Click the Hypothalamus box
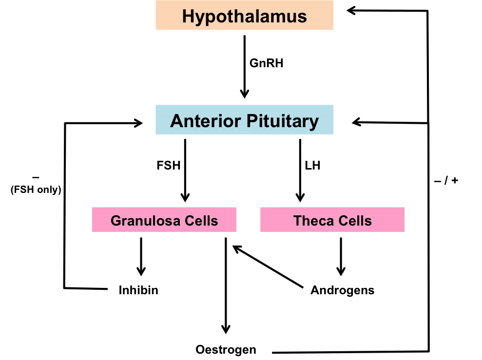click(x=244, y=16)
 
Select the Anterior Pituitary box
click(x=244, y=120)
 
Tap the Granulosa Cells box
click(x=164, y=221)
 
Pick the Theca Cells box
click(x=332, y=221)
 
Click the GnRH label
click(x=266, y=63)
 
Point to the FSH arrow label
click(x=169, y=166)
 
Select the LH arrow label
click(x=312, y=166)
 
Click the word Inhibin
click(x=138, y=290)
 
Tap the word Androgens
click(x=342, y=290)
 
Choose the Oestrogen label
click(x=226, y=349)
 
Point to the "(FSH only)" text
click(x=36, y=190)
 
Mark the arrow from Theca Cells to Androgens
click(x=341, y=256)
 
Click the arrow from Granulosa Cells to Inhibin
click(x=141, y=256)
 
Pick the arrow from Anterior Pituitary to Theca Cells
click(x=300, y=171)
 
